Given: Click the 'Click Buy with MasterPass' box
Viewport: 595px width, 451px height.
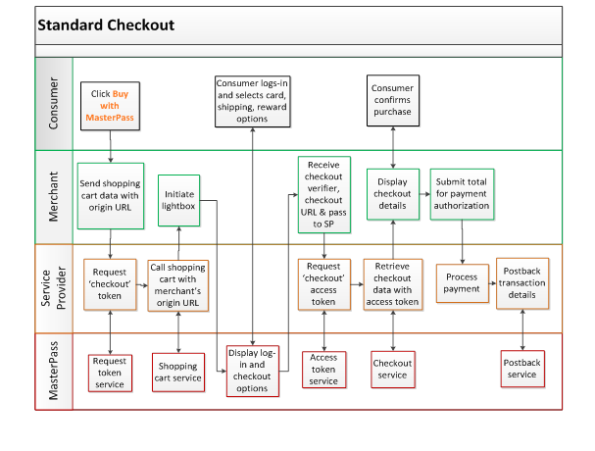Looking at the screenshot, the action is tap(110, 106).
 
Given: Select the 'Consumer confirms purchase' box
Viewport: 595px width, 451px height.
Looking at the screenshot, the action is tap(393, 100).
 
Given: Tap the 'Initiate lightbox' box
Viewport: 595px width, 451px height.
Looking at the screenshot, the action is tap(178, 200).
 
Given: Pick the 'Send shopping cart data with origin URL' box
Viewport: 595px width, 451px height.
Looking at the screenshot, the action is tap(111, 196).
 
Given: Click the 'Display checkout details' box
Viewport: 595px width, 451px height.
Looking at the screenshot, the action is tap(393, 194).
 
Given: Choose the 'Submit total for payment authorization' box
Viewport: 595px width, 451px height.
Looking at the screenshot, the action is tap(462, 194).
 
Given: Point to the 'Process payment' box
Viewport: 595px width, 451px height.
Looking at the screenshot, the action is tap(463, 283).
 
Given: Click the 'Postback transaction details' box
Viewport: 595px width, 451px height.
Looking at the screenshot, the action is tap(522, 283).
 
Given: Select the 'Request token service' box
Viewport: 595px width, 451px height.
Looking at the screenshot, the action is tap(110, 373).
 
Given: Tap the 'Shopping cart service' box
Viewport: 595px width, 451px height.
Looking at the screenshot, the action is tap(178, 372).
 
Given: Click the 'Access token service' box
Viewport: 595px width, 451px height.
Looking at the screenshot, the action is tap(324, 370).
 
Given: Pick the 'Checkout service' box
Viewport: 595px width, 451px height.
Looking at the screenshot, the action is tap(393, 369).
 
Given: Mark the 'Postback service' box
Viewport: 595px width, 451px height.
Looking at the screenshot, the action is tap(522, 369).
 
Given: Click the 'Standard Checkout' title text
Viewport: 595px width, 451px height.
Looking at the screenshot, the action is tap(106, 25).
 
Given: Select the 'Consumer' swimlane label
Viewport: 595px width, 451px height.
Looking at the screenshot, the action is tap(54, 103).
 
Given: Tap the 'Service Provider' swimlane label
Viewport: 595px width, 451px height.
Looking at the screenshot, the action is tap(54, 288).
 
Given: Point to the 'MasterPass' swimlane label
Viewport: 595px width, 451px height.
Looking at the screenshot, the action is tap(54, 371).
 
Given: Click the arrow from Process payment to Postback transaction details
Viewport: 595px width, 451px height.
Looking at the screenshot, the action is tap(492, 283).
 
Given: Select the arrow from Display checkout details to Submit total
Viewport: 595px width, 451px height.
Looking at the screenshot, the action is tap(424, 194).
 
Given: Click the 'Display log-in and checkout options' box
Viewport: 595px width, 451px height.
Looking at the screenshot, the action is tap(252, 371).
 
